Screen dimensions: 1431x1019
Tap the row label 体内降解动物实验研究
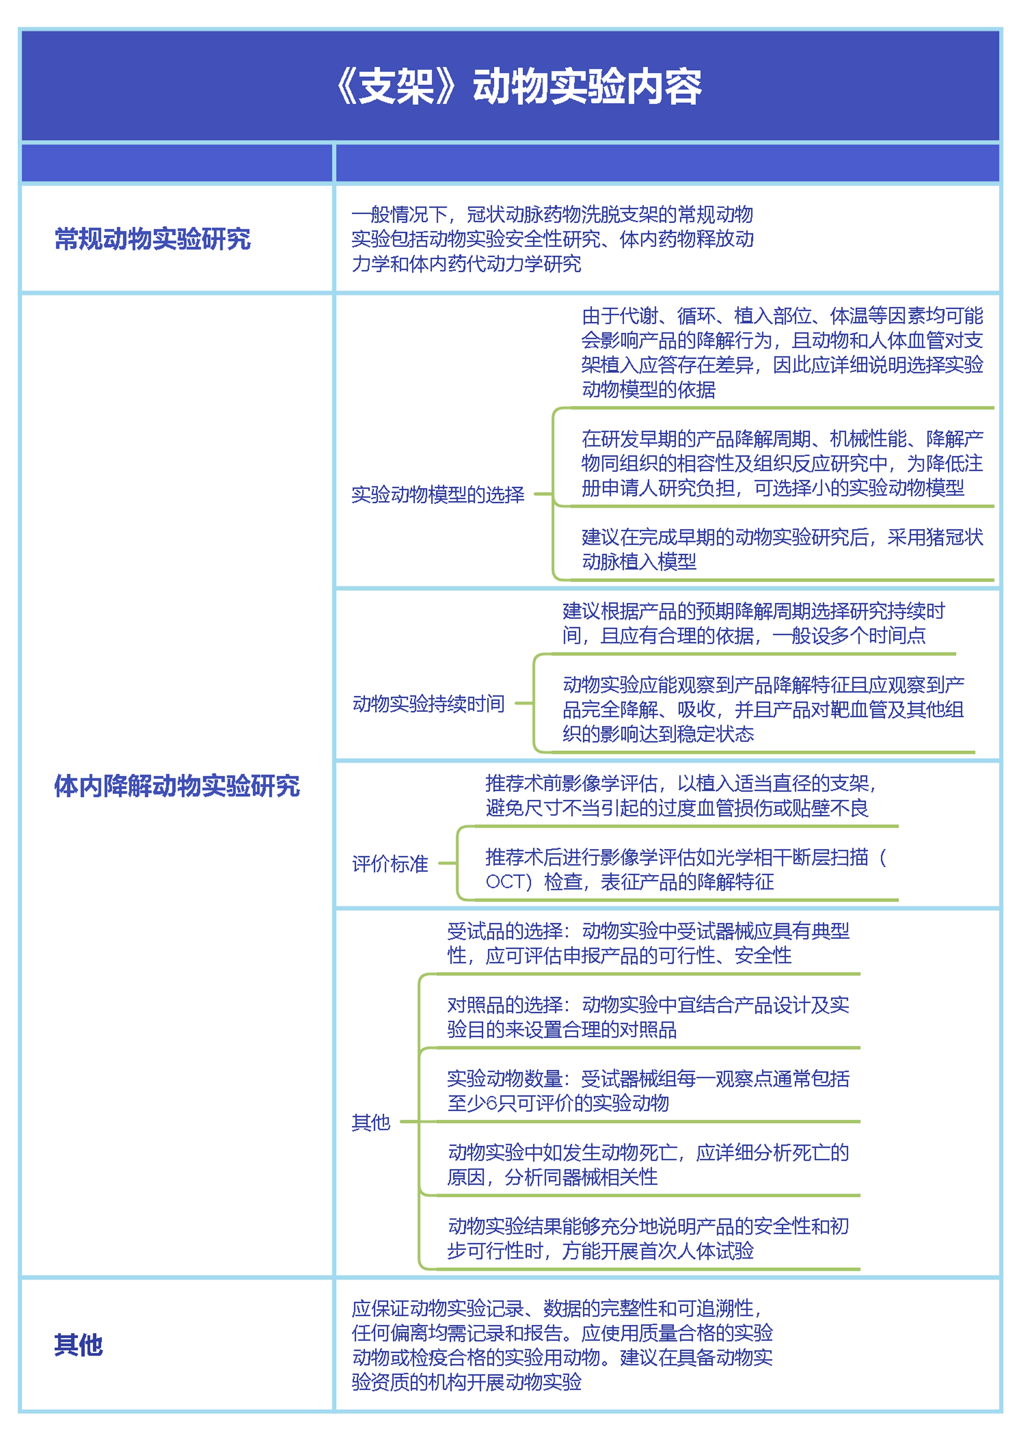177,786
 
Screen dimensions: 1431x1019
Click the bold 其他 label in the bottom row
78,1344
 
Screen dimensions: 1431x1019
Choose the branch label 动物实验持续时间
429,704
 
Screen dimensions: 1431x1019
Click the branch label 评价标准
390,864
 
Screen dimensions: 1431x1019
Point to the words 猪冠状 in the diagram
954,537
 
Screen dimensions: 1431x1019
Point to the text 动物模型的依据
649,390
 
